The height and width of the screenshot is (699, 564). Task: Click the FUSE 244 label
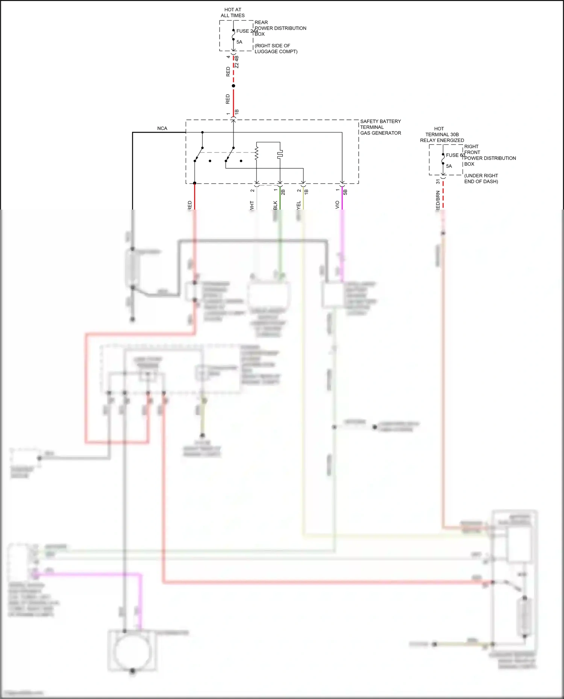[247, 31]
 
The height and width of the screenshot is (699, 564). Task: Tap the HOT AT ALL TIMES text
[233, 12]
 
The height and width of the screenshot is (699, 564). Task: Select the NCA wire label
[162, 128]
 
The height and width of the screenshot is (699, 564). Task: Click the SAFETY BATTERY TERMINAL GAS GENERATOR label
[380, 127]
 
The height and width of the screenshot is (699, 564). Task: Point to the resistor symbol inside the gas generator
[257, 154]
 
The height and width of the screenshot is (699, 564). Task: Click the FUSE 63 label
[455, 155]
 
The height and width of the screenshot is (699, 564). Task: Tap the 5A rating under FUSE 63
[449, 166]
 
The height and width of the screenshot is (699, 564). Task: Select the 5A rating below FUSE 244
[239, 42]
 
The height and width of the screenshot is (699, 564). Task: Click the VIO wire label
[337, 205]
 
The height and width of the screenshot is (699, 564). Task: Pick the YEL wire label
[299, 205]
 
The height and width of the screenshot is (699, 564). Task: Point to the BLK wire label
[275, 205]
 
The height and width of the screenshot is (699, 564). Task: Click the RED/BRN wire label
[438, 201]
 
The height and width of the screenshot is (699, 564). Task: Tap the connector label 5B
[345, 192]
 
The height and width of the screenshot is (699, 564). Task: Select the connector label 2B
[283, 192]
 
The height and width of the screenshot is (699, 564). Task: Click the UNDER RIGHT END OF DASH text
[481, 178]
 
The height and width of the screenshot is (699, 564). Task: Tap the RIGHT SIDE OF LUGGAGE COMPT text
[276, 48]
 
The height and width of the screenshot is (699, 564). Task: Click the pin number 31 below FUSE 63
[438, 181]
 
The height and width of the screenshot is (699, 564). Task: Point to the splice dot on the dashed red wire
[233, 86]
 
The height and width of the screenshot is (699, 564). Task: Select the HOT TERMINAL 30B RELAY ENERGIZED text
[442, 134]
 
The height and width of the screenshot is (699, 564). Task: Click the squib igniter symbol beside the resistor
[280, 154]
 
